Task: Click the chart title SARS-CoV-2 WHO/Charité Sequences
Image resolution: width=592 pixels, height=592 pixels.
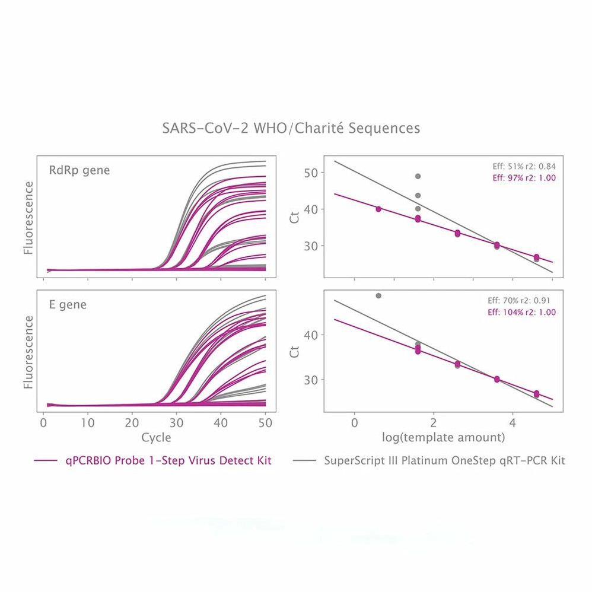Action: (x=291, y=128)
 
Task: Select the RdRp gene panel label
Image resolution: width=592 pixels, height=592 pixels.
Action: (x=79, y=171)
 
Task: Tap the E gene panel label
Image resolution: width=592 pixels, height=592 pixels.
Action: (x=67, y=305)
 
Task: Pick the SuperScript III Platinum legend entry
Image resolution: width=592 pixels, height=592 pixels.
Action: (x=444, y=461)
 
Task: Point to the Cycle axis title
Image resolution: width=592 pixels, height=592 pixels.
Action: (x=156, y=438)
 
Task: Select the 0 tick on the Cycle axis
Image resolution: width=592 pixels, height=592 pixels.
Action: (x=43, y=424)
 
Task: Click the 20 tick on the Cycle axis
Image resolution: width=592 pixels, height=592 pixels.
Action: (x=132, y=424)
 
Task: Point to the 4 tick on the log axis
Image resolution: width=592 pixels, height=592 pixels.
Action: (x=513, y=424)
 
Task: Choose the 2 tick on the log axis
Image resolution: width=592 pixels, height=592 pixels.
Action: (x=434, y=424)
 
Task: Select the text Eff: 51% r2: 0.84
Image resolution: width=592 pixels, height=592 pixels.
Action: (x=520, y=167)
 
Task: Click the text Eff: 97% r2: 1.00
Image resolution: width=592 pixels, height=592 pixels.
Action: (x=520, y=177)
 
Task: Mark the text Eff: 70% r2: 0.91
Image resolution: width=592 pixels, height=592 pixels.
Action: (x=520, y=301)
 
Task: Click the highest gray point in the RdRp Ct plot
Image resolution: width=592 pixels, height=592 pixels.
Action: (x=418, y=176)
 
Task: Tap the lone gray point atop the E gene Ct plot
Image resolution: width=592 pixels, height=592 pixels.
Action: (x=378, y=295)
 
